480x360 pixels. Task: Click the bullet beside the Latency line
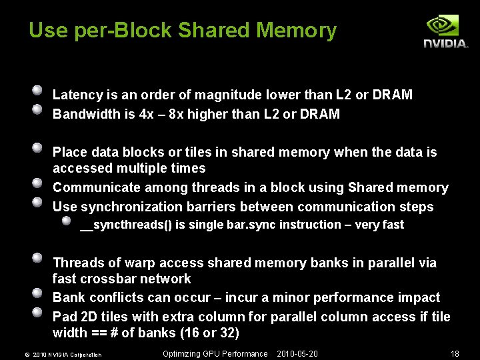(x=39, y=90)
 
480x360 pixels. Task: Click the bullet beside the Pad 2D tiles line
(x=39, y=311)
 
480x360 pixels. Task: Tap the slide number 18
(x=455, y=354)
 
